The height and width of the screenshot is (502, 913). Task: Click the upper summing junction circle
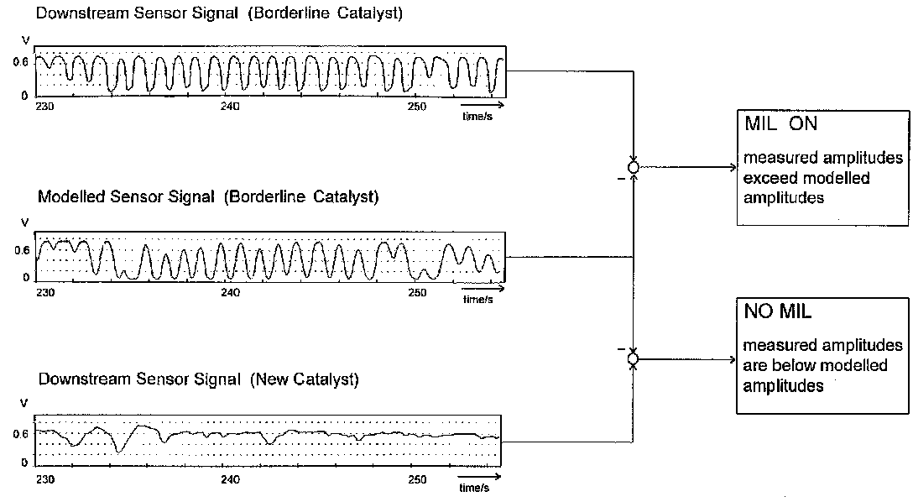[634, 168]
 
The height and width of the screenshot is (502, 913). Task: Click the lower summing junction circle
[634, 359]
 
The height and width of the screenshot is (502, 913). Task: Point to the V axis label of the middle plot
[23, 223]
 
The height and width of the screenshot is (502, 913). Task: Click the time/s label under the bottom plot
[474, 488]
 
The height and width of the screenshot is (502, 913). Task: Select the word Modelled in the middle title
[68, 198]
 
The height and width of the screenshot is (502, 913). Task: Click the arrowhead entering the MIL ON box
[732, 168]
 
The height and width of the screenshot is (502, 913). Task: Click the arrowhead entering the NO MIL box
[732, 359]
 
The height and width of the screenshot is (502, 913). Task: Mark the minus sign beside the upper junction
[619, 179]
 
